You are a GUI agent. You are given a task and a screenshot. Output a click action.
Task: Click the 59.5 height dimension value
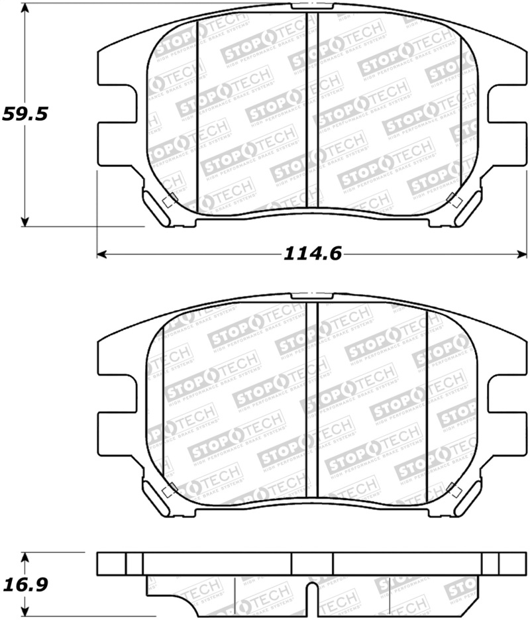point(25,114)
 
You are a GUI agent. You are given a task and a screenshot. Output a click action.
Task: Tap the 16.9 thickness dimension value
point(25,586)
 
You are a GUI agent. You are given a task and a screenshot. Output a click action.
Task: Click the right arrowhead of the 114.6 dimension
point(523,253)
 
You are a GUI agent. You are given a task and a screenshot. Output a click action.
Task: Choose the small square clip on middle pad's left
point(168,491)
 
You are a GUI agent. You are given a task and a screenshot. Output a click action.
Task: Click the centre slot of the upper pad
point(312,113)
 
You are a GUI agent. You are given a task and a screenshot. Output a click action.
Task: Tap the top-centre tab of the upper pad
point(312,5)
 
